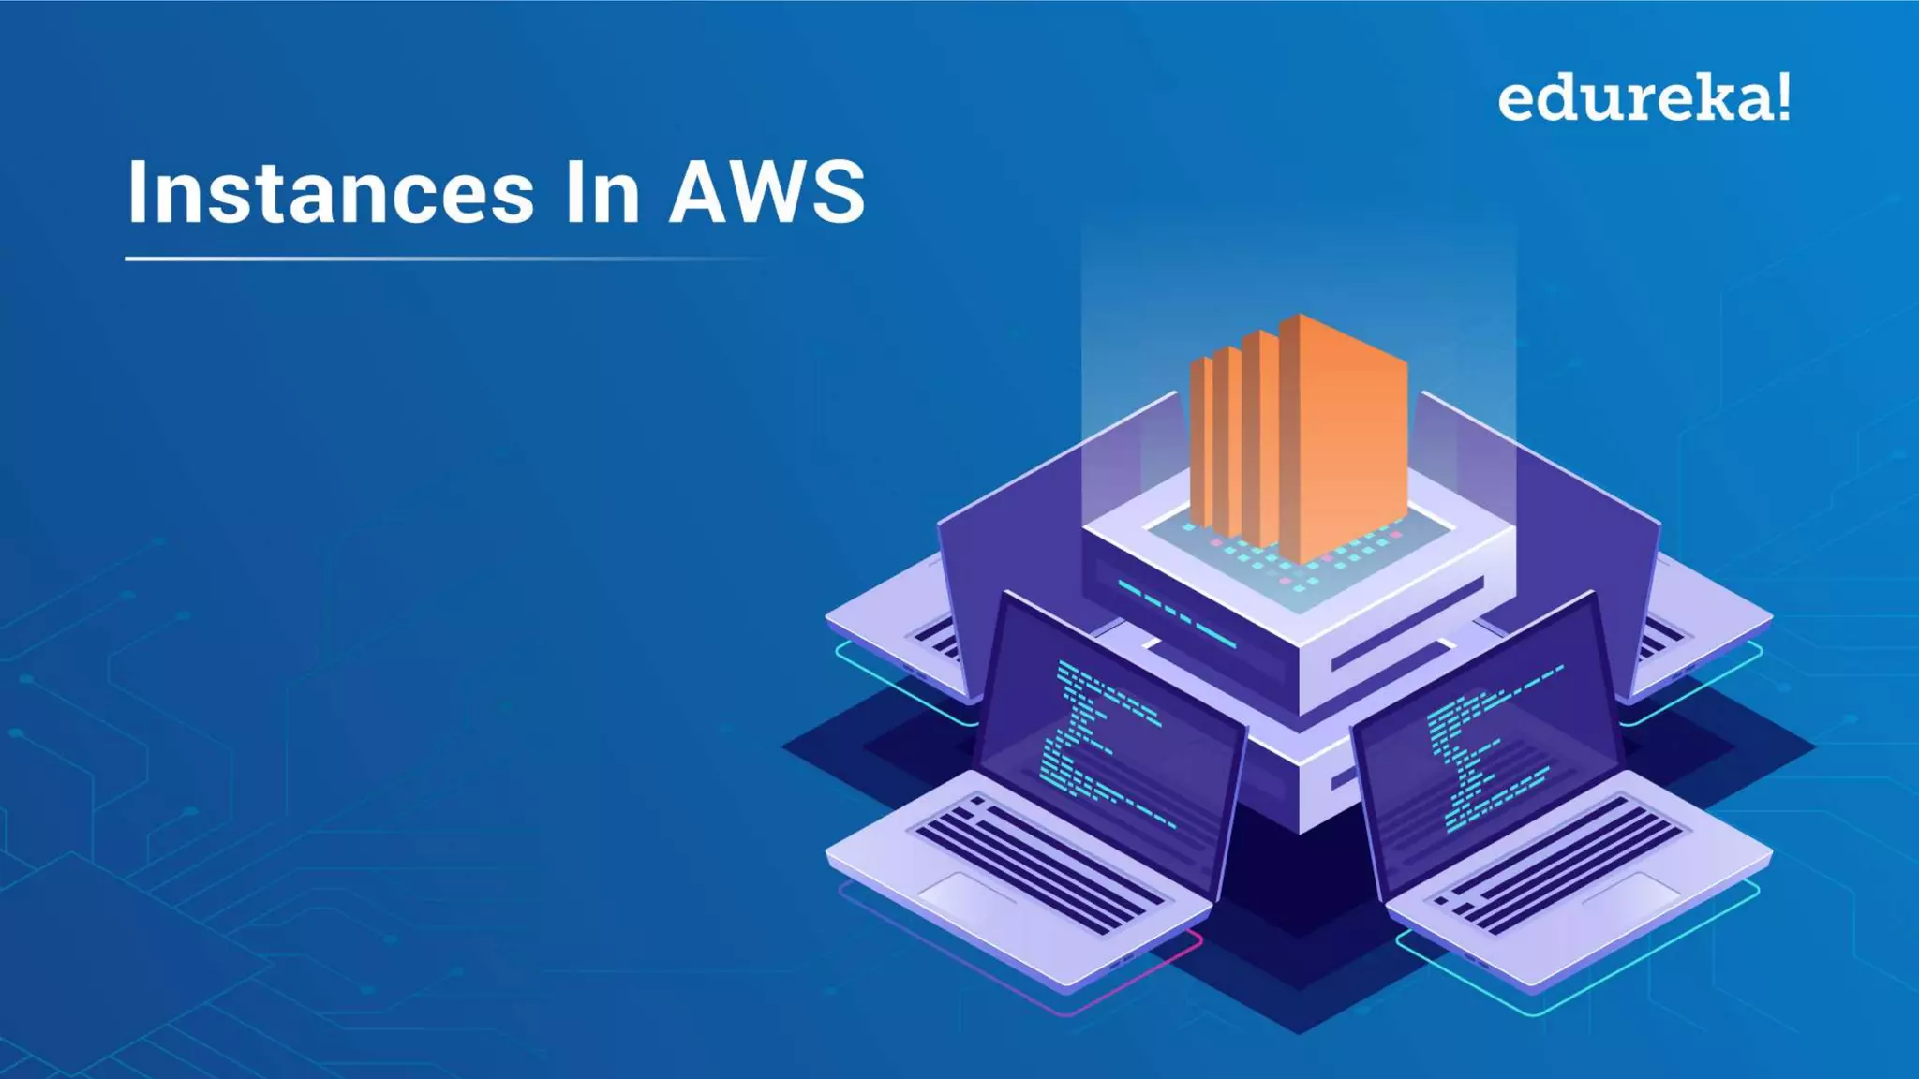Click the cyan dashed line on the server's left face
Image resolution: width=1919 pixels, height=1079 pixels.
tap(1176, 614)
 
